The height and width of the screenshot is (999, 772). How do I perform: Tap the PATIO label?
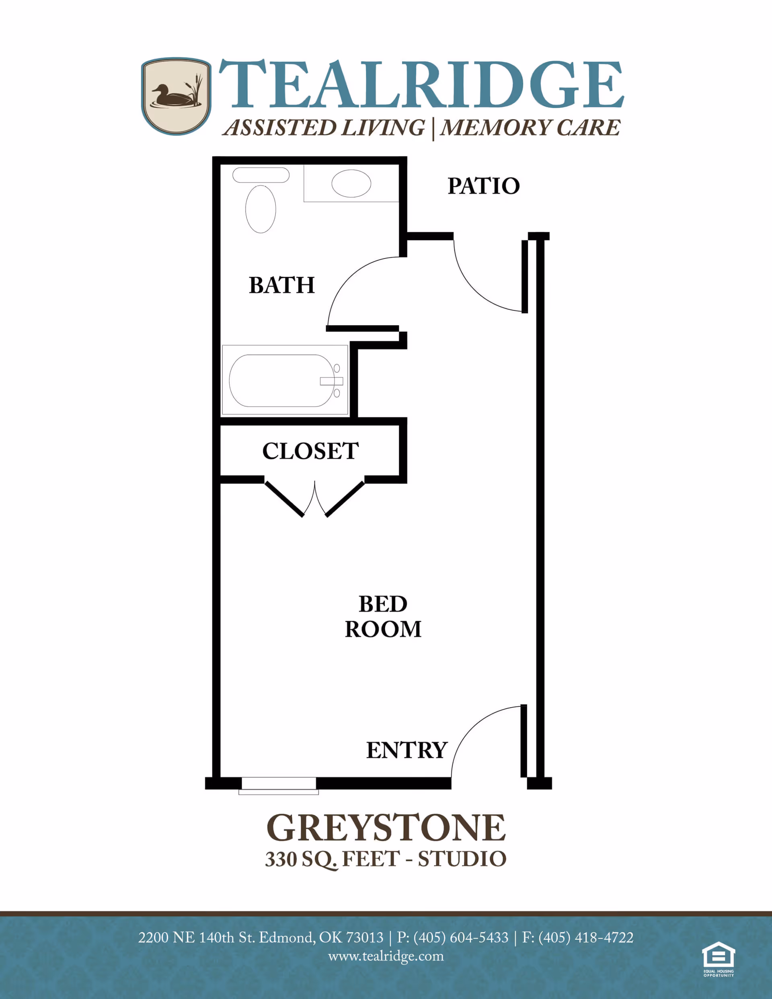[x=483, y=186]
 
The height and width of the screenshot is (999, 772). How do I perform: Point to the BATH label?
[x=281, y=285]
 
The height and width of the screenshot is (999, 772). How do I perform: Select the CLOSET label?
[x=310, y=451]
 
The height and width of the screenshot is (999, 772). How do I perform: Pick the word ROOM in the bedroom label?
[x=383, y=630]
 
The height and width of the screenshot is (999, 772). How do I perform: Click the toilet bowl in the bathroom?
[x=261, y=209]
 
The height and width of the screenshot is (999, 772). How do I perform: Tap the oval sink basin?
[x=351, y=183]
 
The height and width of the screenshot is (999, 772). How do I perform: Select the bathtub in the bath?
[x=281, y=381]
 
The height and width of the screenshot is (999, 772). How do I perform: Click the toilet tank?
[x=261, y=175]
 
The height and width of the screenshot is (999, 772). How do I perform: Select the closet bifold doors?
[x=315, y=499]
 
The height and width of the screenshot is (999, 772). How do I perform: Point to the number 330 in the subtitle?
[x=281, y=860]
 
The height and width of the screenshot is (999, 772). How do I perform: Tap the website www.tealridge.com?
[x=386, y=956]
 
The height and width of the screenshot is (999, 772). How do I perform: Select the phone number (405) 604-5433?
[x=460, y=938]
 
